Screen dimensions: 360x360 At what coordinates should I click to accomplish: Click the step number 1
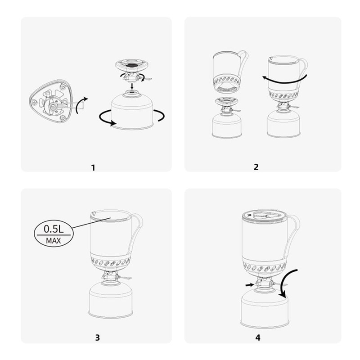[93, 167]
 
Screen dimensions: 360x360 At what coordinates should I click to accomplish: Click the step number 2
[256, 167]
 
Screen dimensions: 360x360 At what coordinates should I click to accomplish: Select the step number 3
[98, 337]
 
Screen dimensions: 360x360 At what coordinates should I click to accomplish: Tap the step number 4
[258, 337]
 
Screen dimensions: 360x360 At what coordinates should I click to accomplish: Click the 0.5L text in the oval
[53, 229]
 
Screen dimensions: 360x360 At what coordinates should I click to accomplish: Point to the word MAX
[53, 241]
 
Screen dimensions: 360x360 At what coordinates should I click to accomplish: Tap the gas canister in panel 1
[132, 110]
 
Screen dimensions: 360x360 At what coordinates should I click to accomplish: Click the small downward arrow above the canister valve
[132, 86]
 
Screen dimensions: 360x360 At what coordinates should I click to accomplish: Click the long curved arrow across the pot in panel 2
[285, 81]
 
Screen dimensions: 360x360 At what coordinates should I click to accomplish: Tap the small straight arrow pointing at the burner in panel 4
[250, 285]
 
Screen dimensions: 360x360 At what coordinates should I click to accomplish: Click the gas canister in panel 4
[265, 308]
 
